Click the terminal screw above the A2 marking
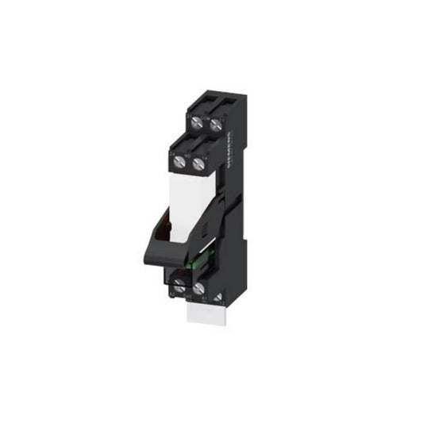(x=180, y=286)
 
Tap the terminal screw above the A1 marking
(x=198, y=289)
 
